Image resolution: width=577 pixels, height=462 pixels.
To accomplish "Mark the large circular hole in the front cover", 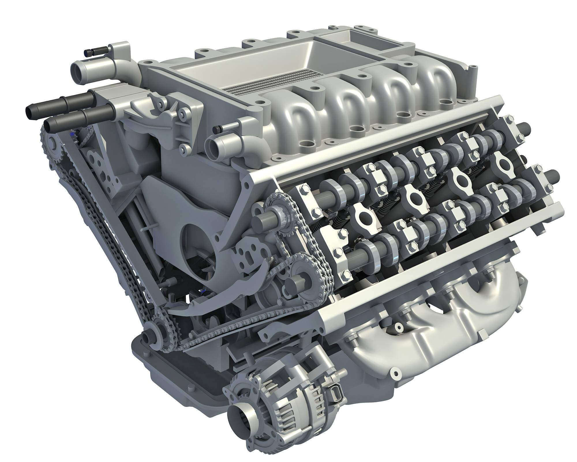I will (199, 254).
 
